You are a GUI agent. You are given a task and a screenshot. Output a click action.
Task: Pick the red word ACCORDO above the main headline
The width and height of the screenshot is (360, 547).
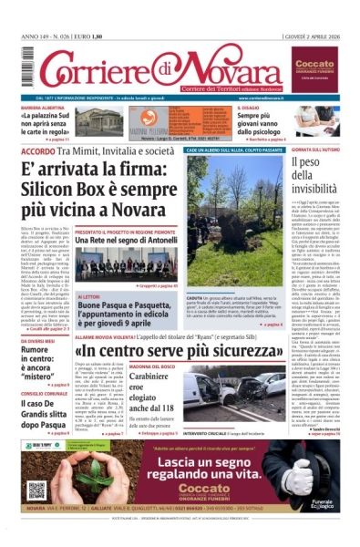pos(37,149)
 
